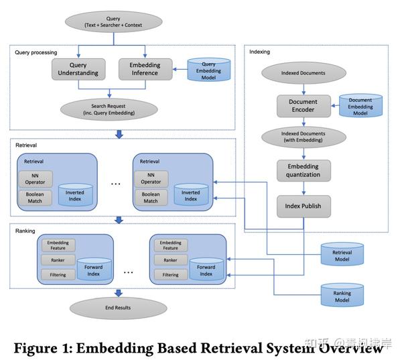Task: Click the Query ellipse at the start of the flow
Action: tap(113, 21)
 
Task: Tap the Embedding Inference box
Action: tap(144, 69)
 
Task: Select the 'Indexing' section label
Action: tap(260, 52)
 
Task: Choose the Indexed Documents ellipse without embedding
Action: tap(304, 72)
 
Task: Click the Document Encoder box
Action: tap(304, 105)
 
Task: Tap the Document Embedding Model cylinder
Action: tap(360, 105)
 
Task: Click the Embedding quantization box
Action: tap(304, 170)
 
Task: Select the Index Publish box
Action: tap(304, 205)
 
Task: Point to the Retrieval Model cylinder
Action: tap(342, 256)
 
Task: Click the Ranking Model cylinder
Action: tap(342, 296)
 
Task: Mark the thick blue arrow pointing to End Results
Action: tap(119, 292)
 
